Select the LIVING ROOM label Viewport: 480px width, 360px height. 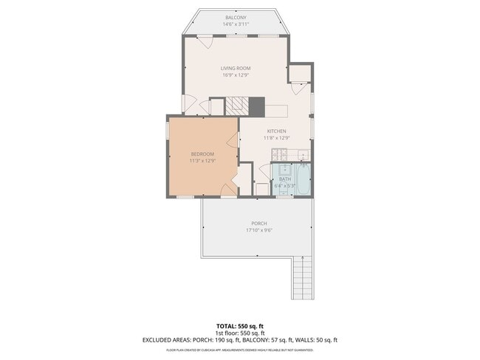(235, 68)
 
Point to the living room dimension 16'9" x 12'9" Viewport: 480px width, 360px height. (235, 75)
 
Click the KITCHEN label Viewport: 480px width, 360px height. (277, 131)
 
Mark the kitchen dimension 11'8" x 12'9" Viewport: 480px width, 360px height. (277, 138)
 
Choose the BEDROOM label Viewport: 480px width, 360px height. (202, 153)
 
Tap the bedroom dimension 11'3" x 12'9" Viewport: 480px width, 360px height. (202, 160)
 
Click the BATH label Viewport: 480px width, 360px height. (284, 179)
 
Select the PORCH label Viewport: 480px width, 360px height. (258, 223)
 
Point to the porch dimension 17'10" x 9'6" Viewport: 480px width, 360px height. (258, 230)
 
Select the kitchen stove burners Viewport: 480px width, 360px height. (280, 155)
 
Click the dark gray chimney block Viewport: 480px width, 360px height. (256, 106)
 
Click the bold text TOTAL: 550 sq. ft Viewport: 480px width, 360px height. (239, 325)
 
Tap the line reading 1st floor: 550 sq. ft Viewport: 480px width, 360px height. (239, 333)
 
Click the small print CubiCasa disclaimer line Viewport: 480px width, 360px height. (239, 349)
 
